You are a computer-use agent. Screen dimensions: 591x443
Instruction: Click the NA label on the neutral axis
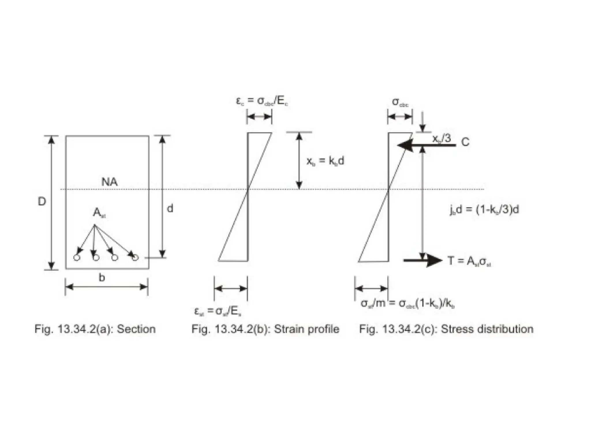(110, 182)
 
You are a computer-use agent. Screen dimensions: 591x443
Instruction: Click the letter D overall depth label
(42, 202)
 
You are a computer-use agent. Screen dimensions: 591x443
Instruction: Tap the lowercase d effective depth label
(170, 208)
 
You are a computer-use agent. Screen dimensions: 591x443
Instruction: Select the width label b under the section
(102, 278)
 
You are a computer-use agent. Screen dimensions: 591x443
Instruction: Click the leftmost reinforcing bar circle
(76, 258)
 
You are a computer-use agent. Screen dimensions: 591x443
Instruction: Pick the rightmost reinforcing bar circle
(135, 258)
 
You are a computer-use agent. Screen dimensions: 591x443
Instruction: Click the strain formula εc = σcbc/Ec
(262, 101)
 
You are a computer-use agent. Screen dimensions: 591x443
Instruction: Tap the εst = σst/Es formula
(218, 311)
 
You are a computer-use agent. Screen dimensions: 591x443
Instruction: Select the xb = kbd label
(325, 161)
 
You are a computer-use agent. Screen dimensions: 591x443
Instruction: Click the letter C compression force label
(465, 142)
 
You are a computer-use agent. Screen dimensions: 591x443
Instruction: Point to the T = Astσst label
(469, 261)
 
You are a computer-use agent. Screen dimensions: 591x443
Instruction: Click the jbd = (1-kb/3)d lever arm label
(484, 209)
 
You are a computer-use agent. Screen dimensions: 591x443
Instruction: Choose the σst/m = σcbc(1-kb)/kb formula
(408, 303)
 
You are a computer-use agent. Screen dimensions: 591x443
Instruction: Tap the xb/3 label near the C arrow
(442, 139)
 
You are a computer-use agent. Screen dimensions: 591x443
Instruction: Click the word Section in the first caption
(136, 329)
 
